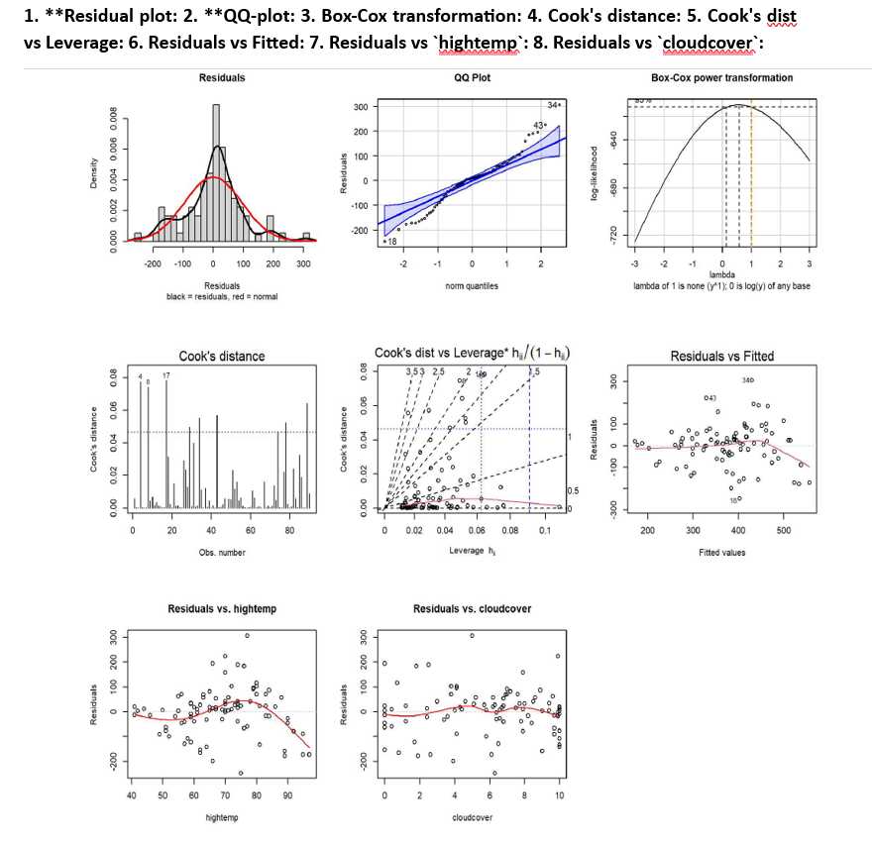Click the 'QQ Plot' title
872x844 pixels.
tap(471, 77)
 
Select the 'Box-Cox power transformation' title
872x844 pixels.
tap(721, 77)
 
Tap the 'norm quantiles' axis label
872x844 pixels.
tap(470, 285)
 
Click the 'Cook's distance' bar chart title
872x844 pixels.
tap(221, 357)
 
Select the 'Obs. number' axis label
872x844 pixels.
tap(222, 552)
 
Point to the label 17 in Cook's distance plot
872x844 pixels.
tap(166, 375)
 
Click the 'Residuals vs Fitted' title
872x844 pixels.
tap(722, 357)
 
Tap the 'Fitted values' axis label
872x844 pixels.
tap(722, 552)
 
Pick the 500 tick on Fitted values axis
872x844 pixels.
tap(783, 531)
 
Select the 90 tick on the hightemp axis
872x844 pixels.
tap(288, 795)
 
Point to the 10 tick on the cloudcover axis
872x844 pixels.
tap(560, 795)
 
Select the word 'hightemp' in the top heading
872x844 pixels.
tap(486, 46)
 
